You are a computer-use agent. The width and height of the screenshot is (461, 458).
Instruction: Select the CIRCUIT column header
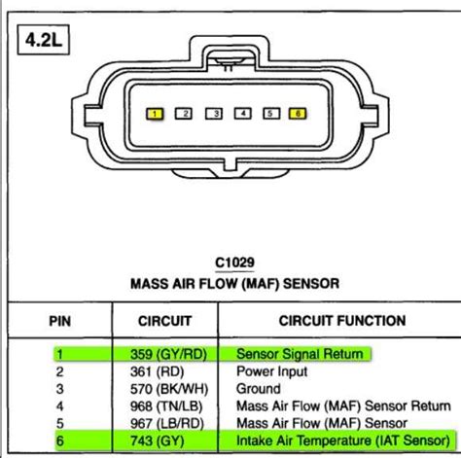(165, 320)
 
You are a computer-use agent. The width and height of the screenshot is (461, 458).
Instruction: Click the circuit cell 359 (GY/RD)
(167, 355)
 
